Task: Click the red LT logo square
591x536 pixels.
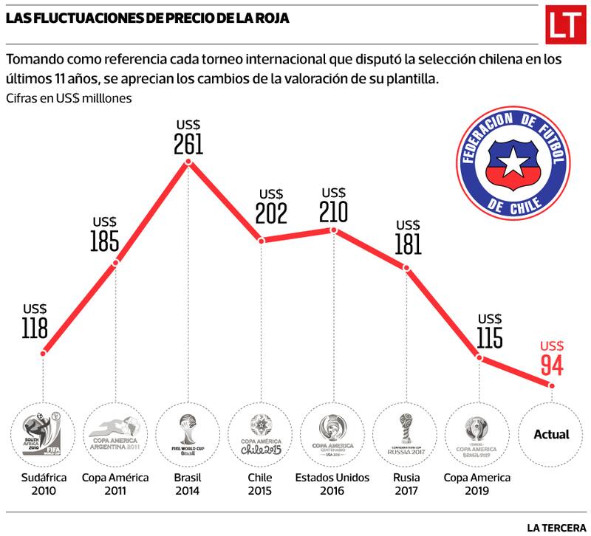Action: click(564, 26)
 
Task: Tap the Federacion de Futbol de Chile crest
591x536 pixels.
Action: click(513, 160)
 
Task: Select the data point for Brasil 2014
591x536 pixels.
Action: click(188, 162)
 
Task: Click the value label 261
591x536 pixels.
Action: click(188, 143)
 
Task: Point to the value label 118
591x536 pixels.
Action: click(35, 328)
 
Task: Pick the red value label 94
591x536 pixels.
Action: click(552, 365)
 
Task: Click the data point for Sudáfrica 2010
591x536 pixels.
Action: click(44, 354)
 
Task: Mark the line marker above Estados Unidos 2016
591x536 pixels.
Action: click(333, 230)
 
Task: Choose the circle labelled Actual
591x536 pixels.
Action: click(551, 434)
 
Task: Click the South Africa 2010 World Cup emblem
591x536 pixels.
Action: click(44, 434)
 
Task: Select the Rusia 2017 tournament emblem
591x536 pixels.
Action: click(406, 434)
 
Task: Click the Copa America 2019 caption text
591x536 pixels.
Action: click(478, 484)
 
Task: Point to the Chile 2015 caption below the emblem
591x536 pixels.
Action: click(260, 484)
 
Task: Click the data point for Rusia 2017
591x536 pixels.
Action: click(406, 268)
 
